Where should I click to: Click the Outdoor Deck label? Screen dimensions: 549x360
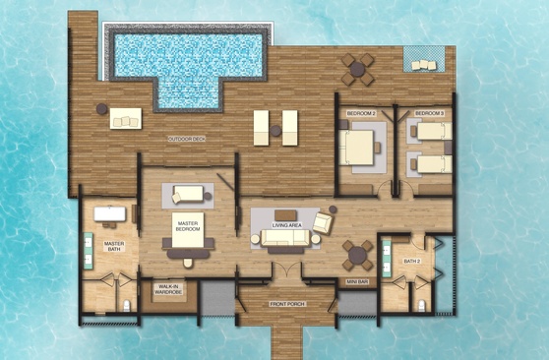click(x=187, y=140)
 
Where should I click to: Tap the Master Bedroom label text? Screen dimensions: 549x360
click(x=188, y=226)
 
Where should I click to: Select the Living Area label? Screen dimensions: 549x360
click(x=286, y=225)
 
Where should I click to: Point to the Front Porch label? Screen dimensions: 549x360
click(x=287, y=304)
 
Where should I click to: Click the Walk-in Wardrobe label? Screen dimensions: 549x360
click(x=168, y=289)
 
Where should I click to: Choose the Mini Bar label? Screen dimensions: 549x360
click(x=357, y=281)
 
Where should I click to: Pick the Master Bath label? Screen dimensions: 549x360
click(x=114, y=246)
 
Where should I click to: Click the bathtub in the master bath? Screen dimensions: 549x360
click(x=109, y=214)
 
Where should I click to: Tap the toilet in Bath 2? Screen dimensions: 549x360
click(x=422, y=305)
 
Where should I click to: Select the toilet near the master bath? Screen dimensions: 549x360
click(x=126, y=306)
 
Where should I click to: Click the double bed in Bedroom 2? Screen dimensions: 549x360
click(x=356, y=148)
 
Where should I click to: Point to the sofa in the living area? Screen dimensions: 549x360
click(x=285, y=238)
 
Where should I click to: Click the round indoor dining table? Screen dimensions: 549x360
click(x=357, y=256)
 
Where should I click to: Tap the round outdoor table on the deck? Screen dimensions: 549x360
click(x=357, y=69)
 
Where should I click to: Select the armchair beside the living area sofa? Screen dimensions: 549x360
click(x=323, y=222)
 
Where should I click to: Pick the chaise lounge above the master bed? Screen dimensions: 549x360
click(x=188, y=194)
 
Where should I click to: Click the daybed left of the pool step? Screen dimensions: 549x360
click(x=126, y=118)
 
